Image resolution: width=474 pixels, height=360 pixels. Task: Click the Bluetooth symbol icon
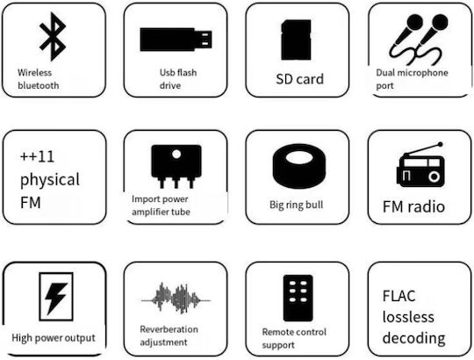pyautogui.click(x=54, y=36)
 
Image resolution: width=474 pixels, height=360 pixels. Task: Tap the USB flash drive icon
pyautogui.click(x=176, y=40)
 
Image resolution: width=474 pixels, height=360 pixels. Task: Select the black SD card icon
pyautogui.click(x=296, y=40)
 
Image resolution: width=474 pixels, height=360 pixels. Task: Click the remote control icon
pyautogui.click(x=298, y=298)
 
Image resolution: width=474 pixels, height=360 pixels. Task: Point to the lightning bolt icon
pyautogui.click(x=55, y=298)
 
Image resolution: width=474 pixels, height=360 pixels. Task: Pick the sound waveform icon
pyautogui.click(x=176, y=299)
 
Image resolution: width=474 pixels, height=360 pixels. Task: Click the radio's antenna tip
pyautogui.click(x=440, y=145)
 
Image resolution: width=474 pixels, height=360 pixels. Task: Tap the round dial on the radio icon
pyautogui.click(x=434, y=176)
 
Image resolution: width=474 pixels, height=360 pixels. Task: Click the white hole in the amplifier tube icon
pyautogui.click(x=176, y=155)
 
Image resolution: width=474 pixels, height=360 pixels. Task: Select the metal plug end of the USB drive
pyautogui.click(x=203, y=40)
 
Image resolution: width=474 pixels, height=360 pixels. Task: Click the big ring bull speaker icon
pyautogui.click(x=299, y=166)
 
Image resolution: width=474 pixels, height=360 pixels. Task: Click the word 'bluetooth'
pyautogui.click(x=39, y=85)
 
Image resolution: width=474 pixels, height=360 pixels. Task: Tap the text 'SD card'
pyautogui.click(x=299, y=79)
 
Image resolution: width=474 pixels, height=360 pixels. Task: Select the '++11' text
pyautogui.click(x=37, y=156)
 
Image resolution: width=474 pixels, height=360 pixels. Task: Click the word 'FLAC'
pyautogui.click(x=399, y=296)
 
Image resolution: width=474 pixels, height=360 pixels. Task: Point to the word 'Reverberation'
pyautogui.click(x=169, y=329)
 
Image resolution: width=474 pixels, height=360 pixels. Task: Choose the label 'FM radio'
pyautogui.click(x=413, y=206)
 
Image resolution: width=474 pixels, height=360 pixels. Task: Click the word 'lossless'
pyautogui.click(x=408, y=317)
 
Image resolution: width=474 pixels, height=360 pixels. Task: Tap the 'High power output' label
pyautogui.click(x=54, y=338)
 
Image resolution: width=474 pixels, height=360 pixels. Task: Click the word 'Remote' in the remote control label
pyautogui.click(x=277, y=332)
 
